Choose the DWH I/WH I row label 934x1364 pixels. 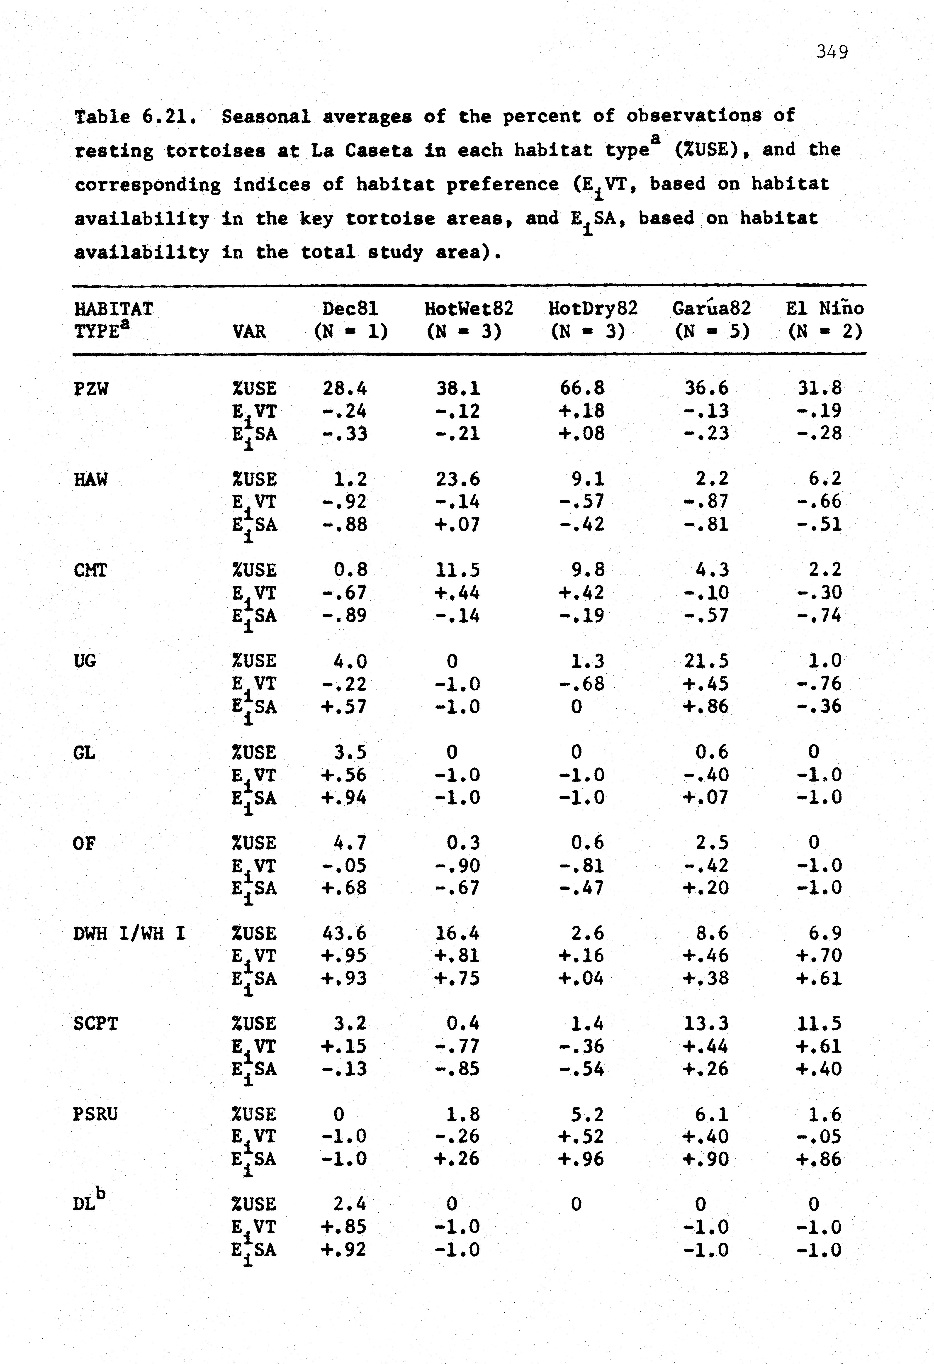[x=129, y=933]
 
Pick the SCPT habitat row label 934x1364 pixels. [x=96, y=1024]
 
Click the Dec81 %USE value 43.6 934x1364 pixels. [x=344, y=933]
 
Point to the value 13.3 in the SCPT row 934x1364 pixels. [x=706, y=1024]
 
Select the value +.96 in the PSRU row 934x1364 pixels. [x=581, y=1159]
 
